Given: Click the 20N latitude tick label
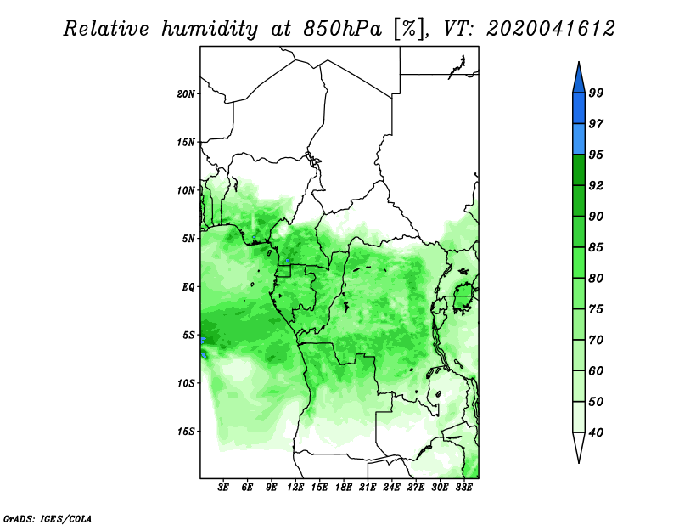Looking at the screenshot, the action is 186,93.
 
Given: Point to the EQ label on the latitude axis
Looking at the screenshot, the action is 188,287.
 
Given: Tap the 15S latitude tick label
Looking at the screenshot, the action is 186,432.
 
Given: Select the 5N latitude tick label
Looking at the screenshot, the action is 188,239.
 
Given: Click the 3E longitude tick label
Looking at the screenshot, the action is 223,488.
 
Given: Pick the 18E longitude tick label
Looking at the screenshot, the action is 344,488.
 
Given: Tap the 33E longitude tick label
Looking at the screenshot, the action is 463,488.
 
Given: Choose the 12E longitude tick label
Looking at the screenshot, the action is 295,488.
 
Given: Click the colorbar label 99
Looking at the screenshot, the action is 596,93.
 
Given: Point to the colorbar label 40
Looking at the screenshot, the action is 596,432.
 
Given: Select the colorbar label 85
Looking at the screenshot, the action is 596,247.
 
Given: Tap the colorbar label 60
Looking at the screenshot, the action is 596,371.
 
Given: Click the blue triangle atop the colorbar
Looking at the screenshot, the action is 579,80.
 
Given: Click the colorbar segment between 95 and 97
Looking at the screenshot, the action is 579,139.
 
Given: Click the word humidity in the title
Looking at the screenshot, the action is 210,29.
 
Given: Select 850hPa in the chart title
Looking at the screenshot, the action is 343,29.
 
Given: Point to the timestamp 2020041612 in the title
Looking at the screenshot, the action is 550,29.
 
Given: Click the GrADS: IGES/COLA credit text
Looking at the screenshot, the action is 48,518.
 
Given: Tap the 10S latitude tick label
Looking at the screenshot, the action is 186,383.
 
